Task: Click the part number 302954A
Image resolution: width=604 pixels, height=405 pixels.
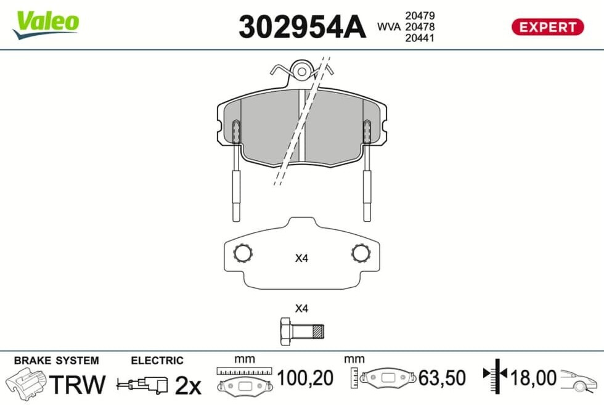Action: pos(302,27)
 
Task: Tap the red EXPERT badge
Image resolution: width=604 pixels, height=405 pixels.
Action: pos(547,27)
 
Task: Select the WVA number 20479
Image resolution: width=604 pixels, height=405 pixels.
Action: pos(420,15)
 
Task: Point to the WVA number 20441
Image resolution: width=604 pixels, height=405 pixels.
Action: pos(420,38)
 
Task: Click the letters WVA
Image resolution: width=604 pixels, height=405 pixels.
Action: pos(389,27)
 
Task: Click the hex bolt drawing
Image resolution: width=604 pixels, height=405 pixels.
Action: pos(302,332)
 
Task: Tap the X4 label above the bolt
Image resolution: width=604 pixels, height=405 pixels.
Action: pos(301,308)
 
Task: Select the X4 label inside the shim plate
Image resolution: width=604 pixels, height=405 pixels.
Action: pos(301,258)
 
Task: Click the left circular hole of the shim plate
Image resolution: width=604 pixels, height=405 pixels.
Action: pos(243,253)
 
